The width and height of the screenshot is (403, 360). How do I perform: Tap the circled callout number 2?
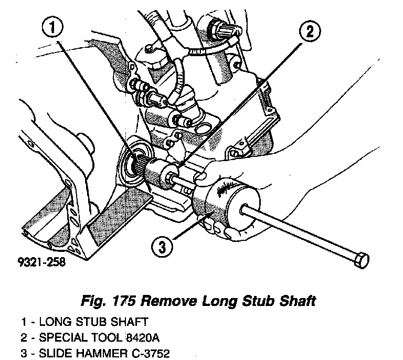(x=310, y=31)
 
